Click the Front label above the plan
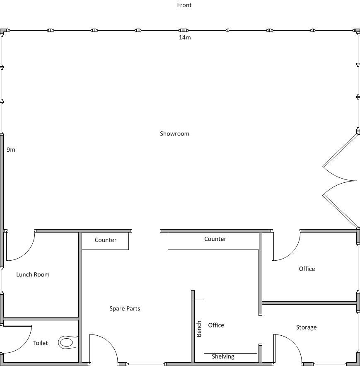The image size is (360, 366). click(x=184, y=5)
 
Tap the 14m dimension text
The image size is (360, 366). click(x=185, y=38)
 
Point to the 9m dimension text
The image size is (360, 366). click(x=11, y=150)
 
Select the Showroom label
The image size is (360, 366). click(x=174, y=134)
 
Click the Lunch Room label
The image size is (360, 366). click(x=33, y=274)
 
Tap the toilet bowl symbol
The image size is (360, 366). click(x=68, y=342)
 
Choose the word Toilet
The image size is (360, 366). click(x=40, y=343)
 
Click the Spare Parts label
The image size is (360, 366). click(x=125, y=308)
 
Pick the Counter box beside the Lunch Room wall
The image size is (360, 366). click(x=105, y=241)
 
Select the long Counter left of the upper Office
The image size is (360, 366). click(x=213, y=241)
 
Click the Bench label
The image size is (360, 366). click(x=199, y=329)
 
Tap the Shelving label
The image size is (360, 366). click(x=223, y=356)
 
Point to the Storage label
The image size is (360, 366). click(x=306, y=327)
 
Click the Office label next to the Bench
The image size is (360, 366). click(x=216, y=325)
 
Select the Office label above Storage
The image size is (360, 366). click(x=307, y=269)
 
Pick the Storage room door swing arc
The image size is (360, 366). click(x=295, y=343)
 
